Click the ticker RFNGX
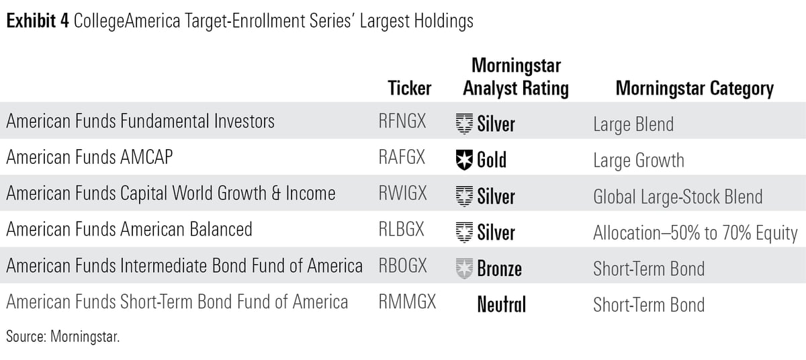pyautogui.click(x=401, y=122)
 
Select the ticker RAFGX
pyautogui.click(x=401, y=159)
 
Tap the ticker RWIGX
pyautogui.click(x=402, y=195)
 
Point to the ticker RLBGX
pyautogui.click(x=401, y=230)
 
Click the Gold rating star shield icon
pyautogui.click(x=463, y=160)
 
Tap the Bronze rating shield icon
pyautogui.click(x=463, y=269)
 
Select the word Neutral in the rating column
pyautogui.click(x=501, y=304)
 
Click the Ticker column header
pyautogui.click(x=410, y=89)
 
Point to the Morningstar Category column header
pyautogui.click(x=695, y=89)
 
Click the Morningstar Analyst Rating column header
pyautogui.click(x=516, y=77)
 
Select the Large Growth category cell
pyautogui.click(x=638, y=160)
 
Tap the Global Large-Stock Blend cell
pyautogui.click(x=678, y=196)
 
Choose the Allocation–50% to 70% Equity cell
pyautogui.click(x=695, y=232)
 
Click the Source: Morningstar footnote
pyautogui.click(x=62, y=337)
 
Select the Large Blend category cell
pyautogui.click(x=633, y=124)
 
